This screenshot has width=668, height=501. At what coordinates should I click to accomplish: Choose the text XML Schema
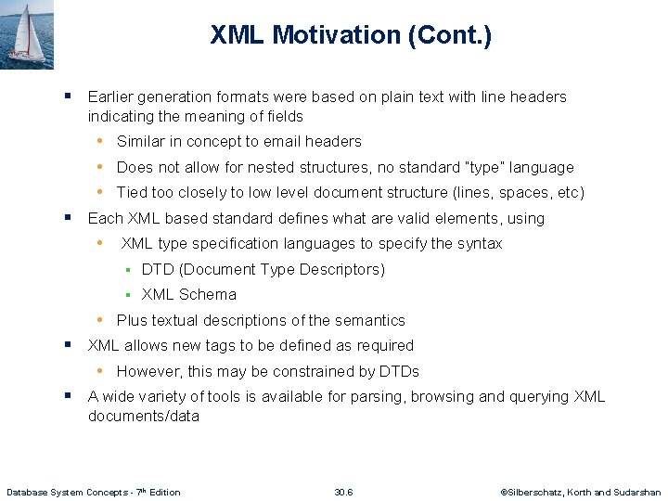click(x=189, y=295)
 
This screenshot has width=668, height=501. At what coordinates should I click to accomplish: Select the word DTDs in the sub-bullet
click(x=399, y=371)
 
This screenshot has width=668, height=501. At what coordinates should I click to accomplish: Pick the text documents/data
click(x=143, y=417)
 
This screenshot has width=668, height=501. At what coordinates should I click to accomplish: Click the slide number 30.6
click(x=343, y=492)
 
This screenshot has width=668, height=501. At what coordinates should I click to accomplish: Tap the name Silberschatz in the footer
click(x=532, y=492)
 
